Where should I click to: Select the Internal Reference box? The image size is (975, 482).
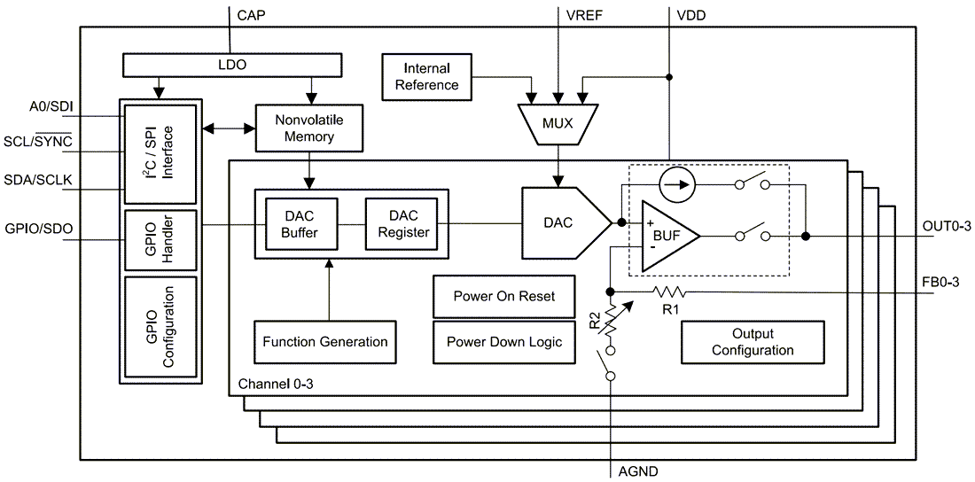tap(426, 77)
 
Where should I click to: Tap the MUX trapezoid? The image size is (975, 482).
tap(557, 123)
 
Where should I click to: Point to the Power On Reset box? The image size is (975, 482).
tap(503, 296)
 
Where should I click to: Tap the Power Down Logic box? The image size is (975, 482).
tap(503, 342)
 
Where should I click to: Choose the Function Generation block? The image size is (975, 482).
tap(325, 342)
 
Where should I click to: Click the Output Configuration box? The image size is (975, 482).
tap(753, 342)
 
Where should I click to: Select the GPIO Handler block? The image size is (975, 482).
tap(161, 239)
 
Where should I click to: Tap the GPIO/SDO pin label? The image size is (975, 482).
tap(37, 229)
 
